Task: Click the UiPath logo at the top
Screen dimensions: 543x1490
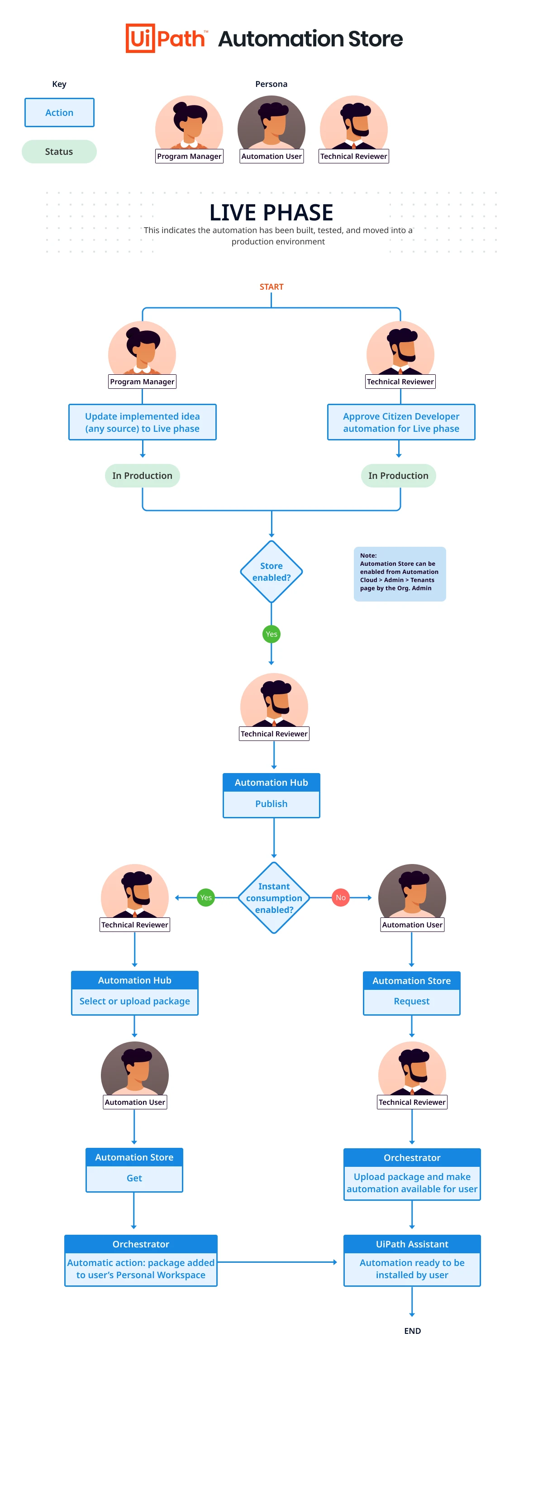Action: (167, 38)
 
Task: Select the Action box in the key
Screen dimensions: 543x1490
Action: (59, 112)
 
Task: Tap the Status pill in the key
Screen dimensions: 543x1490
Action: (59, 152)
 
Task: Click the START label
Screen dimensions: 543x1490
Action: (271, 287)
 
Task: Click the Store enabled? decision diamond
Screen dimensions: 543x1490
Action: (271, 572)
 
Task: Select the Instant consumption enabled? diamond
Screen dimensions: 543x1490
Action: (274, 897)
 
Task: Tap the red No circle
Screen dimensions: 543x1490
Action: (341, 897)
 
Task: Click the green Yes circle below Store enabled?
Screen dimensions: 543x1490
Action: (271, 634)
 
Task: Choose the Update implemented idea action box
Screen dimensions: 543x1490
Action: (142, 422)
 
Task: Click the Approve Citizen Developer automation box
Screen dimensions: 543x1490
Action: (401, 422)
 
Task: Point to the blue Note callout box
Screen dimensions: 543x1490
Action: (400, 574)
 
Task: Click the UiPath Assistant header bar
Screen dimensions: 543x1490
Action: (412, 1244)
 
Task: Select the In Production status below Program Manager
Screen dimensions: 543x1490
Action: (142, 475)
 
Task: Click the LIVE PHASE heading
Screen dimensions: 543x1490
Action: (271, 212)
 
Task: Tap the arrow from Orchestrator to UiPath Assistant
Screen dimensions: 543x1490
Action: (277, 1262)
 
